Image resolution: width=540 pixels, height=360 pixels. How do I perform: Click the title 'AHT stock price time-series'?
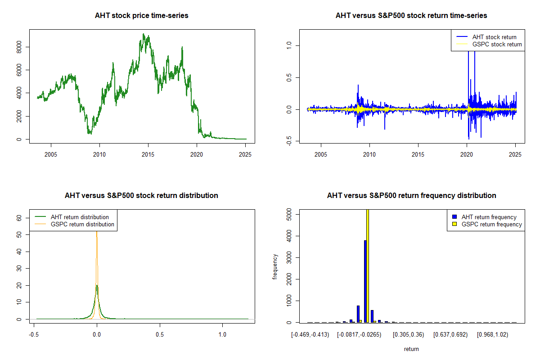click(x=141, y=16)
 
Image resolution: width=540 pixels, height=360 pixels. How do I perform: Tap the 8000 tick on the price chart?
click(x=19, y=47)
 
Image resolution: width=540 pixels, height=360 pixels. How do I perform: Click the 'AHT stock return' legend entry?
click(x=494, y=37)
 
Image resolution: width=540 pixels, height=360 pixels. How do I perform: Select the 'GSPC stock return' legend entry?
click(x=497, y=44)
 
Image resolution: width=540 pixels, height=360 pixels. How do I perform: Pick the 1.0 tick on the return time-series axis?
click(x=289, y=45)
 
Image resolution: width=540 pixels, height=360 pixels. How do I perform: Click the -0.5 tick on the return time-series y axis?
click(x=289, y=142)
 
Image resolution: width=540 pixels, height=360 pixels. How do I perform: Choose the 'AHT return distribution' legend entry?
click(x=80, y=217)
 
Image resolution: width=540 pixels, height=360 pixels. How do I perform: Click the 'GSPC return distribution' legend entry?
click(x=82, y=224)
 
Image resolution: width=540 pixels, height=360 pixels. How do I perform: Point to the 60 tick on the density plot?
click(x=19, y=217)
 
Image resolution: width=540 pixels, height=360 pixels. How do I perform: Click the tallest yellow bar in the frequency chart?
click(x=368, y=265)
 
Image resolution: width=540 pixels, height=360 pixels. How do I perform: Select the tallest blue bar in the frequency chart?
click(x=365, y=281)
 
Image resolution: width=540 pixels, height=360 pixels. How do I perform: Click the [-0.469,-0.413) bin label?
click(x=310, y=334)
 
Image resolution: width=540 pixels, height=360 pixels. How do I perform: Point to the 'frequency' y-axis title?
click(x=275, y=266)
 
